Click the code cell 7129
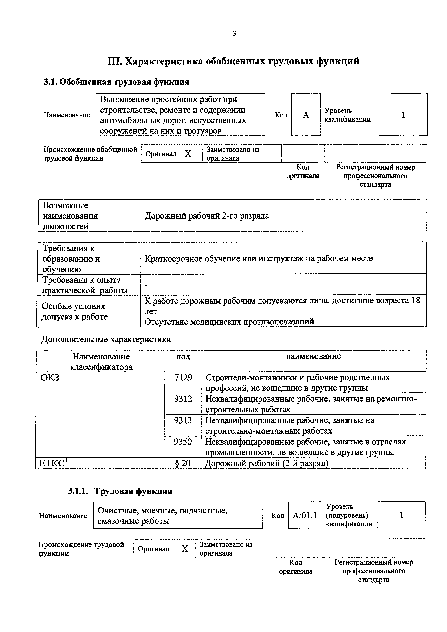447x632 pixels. click(183, 377)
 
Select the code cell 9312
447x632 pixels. click(183, 399)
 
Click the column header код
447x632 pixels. click(183, 357)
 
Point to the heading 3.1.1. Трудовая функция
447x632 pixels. click(120, 491)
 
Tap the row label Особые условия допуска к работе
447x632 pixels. click(74, 311)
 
